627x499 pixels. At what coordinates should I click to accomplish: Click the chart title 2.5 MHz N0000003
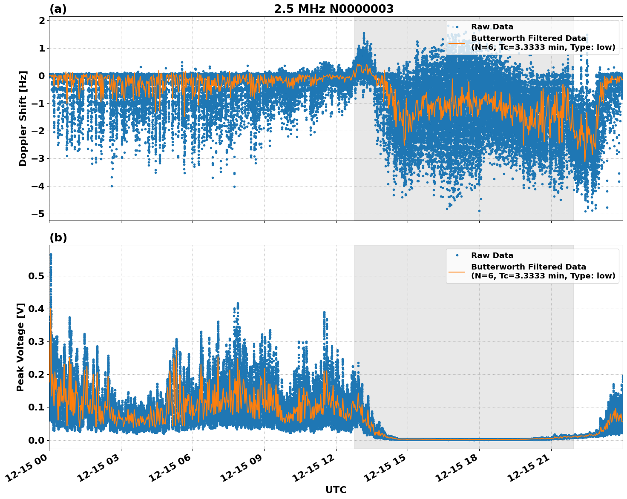(x=334, y=9)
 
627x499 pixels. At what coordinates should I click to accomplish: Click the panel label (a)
(x=58, y=9)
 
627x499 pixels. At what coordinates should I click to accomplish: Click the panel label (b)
(x=58, y=238)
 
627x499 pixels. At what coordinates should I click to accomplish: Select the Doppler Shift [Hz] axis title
(x=23, y=118)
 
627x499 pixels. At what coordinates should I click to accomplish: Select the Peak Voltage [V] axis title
(x=20, y=347)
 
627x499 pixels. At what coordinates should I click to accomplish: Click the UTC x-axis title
(x=336, y=490)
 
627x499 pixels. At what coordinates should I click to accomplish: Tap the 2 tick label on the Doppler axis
(x=42, y=21)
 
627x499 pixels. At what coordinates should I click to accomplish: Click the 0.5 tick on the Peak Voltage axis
(x=36, y=276)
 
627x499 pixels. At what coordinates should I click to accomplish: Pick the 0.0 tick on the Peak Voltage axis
(x=36, y=440)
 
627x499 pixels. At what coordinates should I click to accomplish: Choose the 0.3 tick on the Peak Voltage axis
(x=36, y=341)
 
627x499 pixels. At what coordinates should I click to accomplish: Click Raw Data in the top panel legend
(x=492, y=27)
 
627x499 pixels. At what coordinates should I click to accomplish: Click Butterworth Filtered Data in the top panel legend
(x=528, y=38)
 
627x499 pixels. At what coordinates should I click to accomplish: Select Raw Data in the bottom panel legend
(x=492, y=255)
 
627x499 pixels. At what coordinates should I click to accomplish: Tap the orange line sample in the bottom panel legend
(x=457, y=271)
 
